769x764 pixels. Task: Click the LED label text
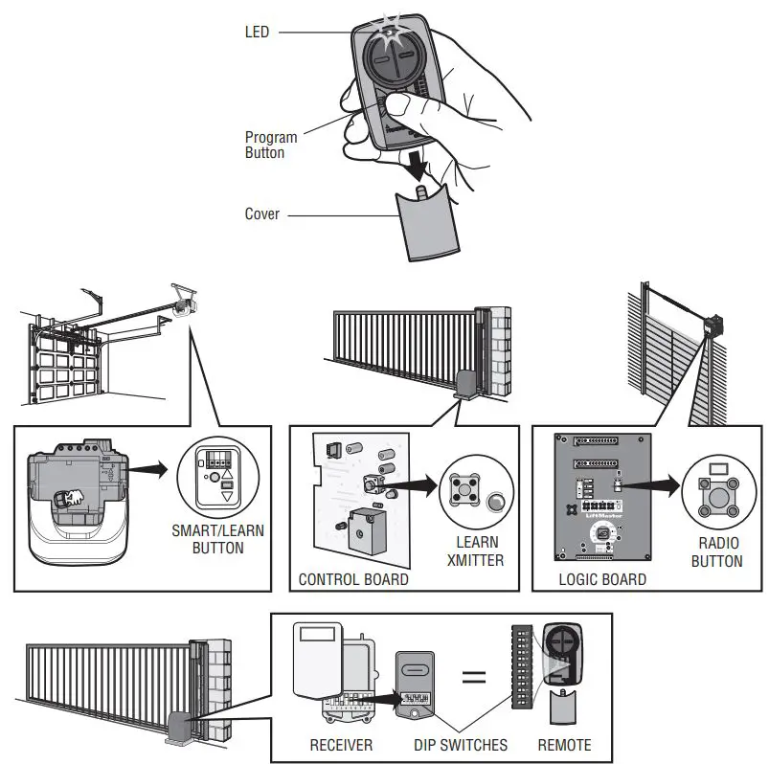coord(258,33)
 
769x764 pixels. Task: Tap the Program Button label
coord(271,145)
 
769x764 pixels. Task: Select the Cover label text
coord(262,213)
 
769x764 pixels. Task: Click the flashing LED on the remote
coord(390,32)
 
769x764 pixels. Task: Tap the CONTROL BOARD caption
coord(353,579)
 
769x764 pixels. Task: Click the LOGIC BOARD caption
coord(601,579)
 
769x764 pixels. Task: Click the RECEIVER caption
coord(341,744)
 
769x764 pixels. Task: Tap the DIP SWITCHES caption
coord(463,744)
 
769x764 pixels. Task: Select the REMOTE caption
coord(564,744)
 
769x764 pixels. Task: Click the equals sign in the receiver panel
coord(474,678)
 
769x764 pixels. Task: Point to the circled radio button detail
coord(713,487)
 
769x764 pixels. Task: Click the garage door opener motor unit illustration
coord(77,498)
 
